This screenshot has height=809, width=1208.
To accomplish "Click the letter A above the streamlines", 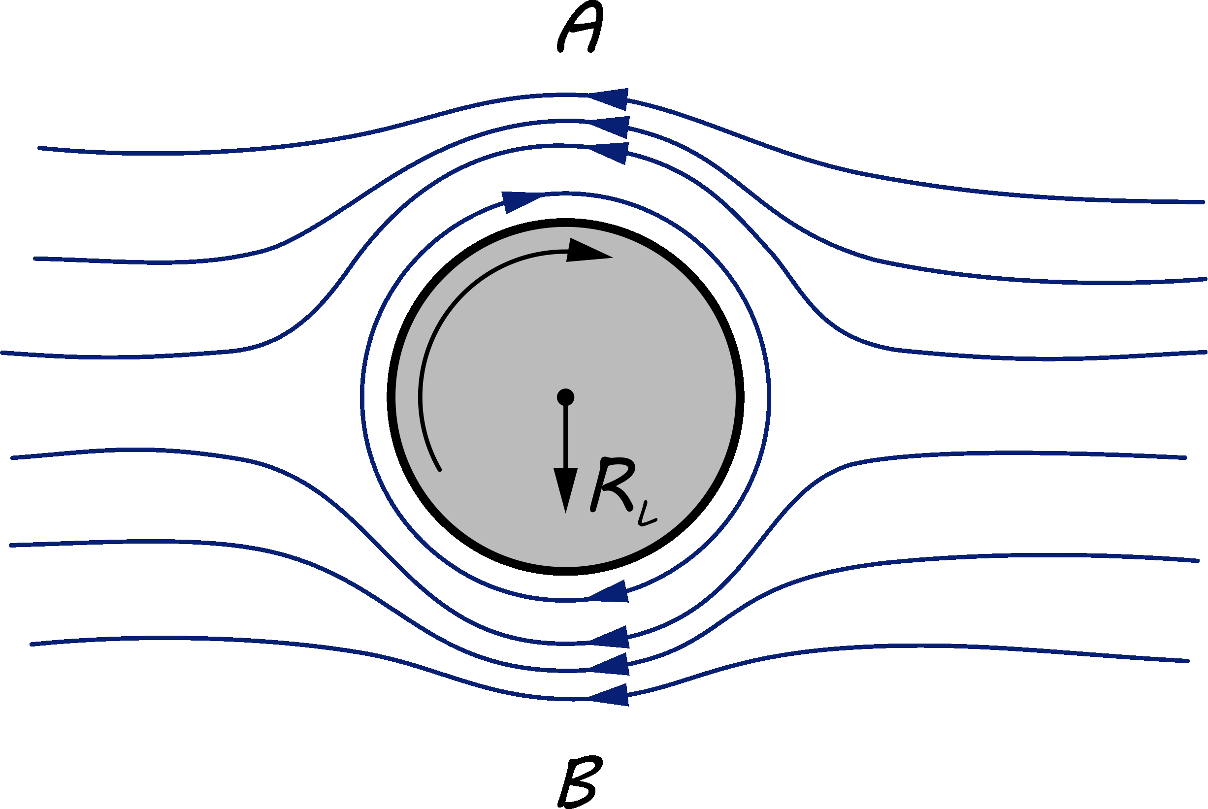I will pyautogui.click(x=580, y=27).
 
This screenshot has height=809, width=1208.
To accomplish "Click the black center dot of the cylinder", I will pyautogui.click(x=565, y=397).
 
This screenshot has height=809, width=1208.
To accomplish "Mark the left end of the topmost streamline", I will pyautogui.click(x=39, y=148).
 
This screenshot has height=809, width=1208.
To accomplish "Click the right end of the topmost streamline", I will pyautogui.click(x=1202, y=202).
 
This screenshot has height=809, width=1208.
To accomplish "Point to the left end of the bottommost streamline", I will pyautogui.click(x=32, y=645).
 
